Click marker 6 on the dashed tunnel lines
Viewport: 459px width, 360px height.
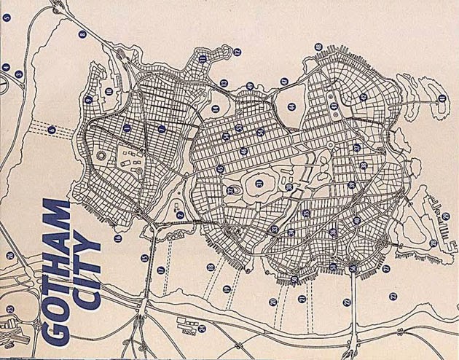tap(52, 130)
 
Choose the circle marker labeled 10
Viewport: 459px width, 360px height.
tap(109, 91)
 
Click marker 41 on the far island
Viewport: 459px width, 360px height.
tap(442, 98)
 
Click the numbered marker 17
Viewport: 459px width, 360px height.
tap(160, 270)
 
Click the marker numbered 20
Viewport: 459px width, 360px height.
tap(272, 301)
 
